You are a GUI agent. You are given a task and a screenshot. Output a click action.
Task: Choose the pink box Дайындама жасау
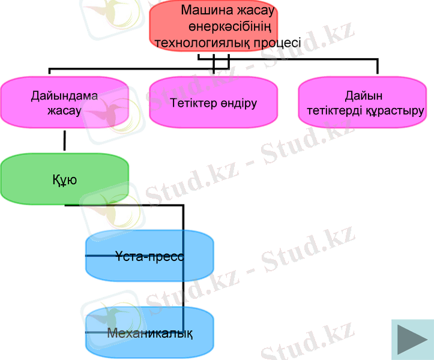click(64, 102)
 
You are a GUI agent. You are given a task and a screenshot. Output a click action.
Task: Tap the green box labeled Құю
click(64, 179)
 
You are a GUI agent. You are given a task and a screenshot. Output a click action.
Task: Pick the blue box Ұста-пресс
click(149, 256)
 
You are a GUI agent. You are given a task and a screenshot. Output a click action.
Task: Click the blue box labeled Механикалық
click(149, 333)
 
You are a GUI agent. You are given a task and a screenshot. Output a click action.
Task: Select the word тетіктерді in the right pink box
click(334, 111)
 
